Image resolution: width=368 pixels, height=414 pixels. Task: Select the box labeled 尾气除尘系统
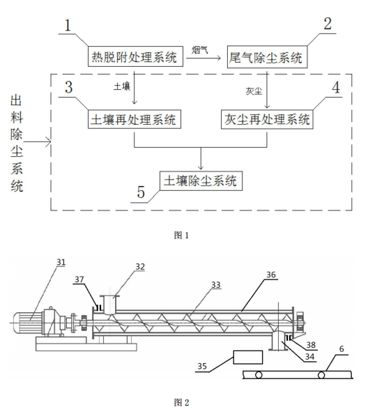coord(267,57)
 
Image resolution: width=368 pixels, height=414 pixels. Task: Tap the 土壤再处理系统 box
coord(135,119)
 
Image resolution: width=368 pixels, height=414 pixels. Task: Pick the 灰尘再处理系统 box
coord(267,119)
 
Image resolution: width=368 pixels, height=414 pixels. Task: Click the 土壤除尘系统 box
coord(201,181)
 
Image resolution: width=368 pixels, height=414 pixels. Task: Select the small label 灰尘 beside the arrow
coord(256,90)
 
